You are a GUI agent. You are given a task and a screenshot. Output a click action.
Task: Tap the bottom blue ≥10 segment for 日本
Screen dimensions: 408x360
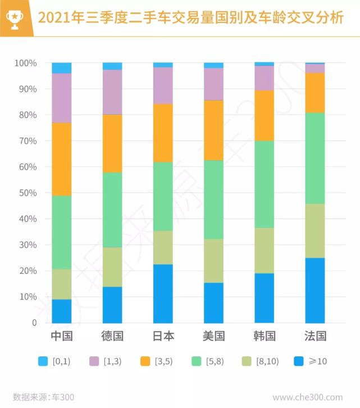pyautogui.click(x=163, y=293)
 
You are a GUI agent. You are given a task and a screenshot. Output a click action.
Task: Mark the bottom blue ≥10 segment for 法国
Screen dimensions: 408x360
pyautogui.click(x=315, y=290)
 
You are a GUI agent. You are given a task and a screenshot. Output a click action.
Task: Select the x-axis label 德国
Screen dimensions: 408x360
pyautogui.click(x=112, y=337)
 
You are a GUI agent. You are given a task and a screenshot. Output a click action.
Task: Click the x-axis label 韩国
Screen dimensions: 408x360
pyautogui.click(x=264, y=337)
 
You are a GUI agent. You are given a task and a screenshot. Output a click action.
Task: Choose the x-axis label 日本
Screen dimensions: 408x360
pyautogui.click(x=163, y=337)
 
